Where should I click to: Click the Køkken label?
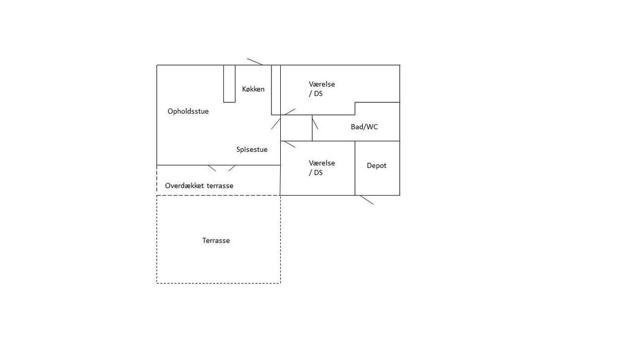point(253,89)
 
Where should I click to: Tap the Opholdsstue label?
point(188,112)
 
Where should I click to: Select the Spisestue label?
point(252,149)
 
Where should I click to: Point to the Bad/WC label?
point(364,127)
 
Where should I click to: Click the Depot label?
point(376,166)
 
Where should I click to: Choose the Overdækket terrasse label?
point(199,186)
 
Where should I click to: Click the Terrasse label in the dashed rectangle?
point(216,240)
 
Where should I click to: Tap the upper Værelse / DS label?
point(321,89)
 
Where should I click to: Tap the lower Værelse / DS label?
point(321,168)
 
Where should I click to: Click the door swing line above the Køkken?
point(255,62)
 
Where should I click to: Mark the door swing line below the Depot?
point(367,200)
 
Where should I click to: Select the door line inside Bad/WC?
point(315,122)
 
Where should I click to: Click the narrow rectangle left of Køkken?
point(230,83)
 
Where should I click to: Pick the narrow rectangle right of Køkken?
point(276,90)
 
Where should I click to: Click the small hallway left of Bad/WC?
point(296,128)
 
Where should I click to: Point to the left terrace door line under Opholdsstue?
point(212,168)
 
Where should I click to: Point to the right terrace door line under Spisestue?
point(232,168)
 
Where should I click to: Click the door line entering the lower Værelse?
point(289,144)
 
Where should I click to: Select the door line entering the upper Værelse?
point(290,112)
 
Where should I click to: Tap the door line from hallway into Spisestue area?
point(276,124)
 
